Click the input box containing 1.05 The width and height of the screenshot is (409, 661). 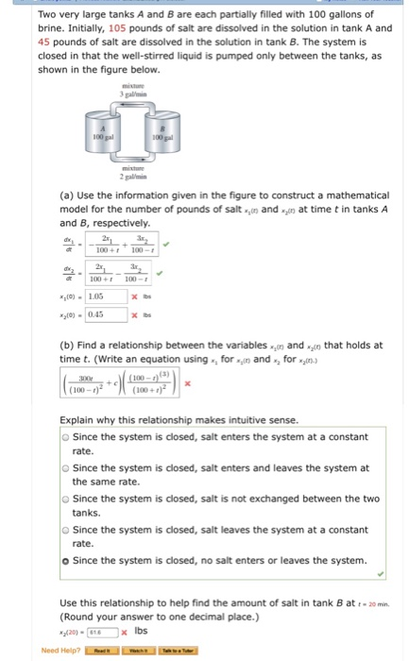click(105, 295)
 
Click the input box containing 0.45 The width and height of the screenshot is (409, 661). click(105, 314)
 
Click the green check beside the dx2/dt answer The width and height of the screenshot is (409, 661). click(159, 276)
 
